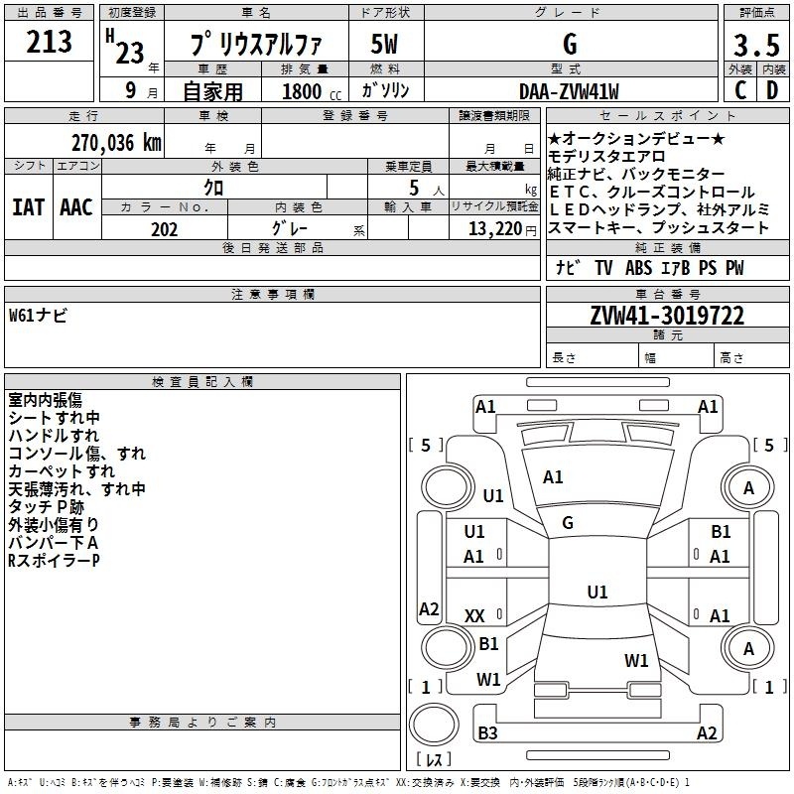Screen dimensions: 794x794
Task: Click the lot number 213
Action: (49, 41)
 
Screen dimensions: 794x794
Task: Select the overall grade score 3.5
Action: (756, 46)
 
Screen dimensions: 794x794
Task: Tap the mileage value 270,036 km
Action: (116, 143)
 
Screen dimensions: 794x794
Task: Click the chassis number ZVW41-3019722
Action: (667, 316)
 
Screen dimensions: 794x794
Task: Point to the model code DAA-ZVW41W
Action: (569, 91)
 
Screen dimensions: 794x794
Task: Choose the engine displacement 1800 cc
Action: (312, 91)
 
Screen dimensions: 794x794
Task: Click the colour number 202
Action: (164, 229)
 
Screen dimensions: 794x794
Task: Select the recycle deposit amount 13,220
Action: (495, 229)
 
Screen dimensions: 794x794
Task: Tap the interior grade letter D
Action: (772, 90)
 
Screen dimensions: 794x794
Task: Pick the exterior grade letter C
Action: (740, 90)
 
